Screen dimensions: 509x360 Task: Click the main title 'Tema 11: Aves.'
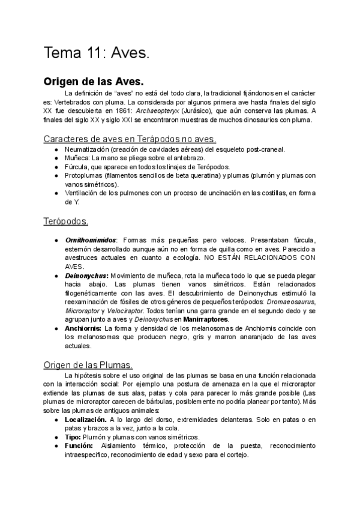96,53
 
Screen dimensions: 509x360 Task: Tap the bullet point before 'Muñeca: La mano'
56,158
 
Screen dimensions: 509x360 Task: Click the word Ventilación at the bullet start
83,193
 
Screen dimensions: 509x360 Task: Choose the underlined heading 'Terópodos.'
66,221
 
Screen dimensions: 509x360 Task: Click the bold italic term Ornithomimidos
91,240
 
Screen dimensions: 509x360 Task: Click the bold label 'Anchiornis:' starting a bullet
83,329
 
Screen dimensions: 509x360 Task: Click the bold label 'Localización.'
86,420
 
